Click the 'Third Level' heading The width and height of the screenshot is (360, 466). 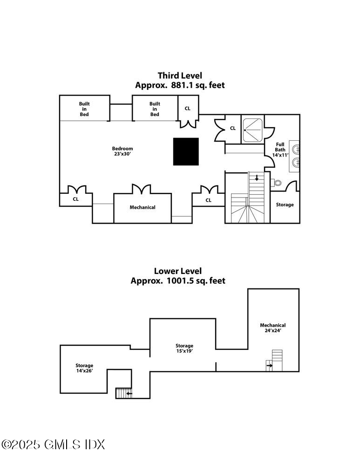(180, 75)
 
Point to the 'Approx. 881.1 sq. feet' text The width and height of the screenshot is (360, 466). (180, 85)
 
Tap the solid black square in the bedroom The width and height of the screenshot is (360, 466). (186, 151)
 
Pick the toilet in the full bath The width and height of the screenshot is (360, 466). (277, 183)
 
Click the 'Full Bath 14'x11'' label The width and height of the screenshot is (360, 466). (280, 149)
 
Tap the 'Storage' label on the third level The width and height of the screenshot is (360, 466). (285, 205)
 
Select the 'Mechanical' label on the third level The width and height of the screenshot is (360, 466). (143, 207)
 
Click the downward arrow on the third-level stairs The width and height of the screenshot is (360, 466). (256, 178)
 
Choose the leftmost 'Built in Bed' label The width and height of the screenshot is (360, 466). (84, 109)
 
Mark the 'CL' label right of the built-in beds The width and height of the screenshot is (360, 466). (188, 108)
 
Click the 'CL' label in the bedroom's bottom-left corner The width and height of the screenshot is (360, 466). (75, 199)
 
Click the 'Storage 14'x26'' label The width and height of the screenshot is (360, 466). (84, 368)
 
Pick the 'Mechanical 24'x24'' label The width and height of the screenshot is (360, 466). (272, 328)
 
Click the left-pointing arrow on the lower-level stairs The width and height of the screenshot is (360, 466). (129, 394)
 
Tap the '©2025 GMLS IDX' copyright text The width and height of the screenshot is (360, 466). (54, 444)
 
